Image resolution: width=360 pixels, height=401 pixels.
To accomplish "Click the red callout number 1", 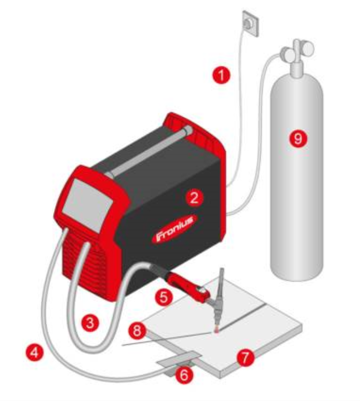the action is click(x=221, y=75).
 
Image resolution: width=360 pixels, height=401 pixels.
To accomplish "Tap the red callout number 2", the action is click(x=194, y=197).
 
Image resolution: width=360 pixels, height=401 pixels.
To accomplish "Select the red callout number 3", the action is click(x=90, y=322).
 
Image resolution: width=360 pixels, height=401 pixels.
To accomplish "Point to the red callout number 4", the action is click(x=35, y=352).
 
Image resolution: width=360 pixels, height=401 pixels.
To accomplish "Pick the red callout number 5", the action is click(x=164, y=297).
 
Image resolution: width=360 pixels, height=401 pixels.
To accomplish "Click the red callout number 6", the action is click(x=184, y=374).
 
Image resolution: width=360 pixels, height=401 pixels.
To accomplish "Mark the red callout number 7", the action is click(x=245, y=358).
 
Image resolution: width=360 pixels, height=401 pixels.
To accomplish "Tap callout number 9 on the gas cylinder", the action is click(x=298, y=138).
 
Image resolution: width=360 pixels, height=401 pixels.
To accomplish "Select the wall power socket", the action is click(x=251, y=23).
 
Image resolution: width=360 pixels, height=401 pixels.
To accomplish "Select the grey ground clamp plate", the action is click(x=179, y=359).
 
